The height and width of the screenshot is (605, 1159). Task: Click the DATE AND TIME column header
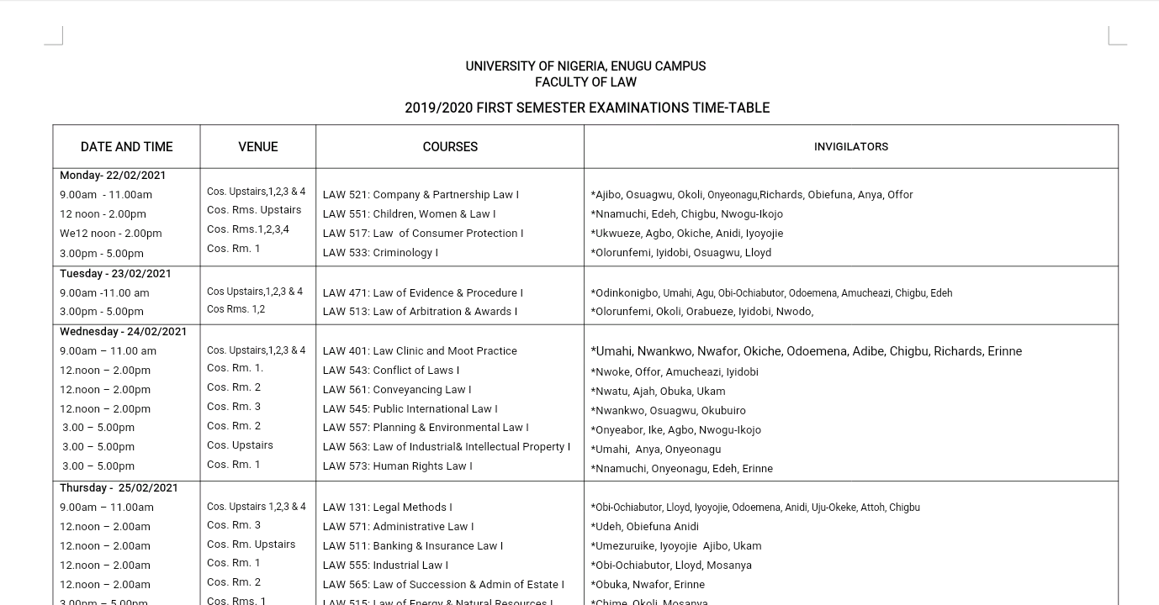tap(126, 147)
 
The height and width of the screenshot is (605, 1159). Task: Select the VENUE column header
tap(257, 147)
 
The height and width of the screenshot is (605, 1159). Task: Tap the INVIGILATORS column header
tap(850, 147)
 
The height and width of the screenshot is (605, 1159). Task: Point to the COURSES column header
tap(450, 147)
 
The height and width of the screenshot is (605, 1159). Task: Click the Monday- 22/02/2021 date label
tap(113, 176)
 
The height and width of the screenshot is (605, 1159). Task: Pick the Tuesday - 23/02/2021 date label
tap(115, 274)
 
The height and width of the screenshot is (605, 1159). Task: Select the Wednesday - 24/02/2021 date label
tap(123, 332)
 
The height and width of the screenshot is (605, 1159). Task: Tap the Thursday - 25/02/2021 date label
tap(119, 488)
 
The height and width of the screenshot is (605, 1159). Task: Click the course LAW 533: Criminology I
tap(380, 253)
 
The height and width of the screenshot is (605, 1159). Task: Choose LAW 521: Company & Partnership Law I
tap(421, 195)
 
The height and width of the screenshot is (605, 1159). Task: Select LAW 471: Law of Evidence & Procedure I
tap(422, 293)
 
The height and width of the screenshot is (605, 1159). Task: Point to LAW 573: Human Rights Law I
tap(397, 466)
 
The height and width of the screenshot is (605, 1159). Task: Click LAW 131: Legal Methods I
tap(387, 508)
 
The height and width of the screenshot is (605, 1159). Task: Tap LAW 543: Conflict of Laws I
tap(390, 371)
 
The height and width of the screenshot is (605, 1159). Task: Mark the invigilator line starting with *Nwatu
tap(658, 392)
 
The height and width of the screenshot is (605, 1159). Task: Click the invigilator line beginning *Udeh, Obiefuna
tap(644, 527)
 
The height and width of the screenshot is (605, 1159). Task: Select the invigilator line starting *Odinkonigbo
tap(771, 293)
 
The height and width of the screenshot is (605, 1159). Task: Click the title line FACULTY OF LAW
tap(585, 82)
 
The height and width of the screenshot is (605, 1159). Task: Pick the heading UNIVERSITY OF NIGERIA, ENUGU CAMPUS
tap(585, 66)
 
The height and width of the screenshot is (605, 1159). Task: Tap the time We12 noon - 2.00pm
tap(110, 234)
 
